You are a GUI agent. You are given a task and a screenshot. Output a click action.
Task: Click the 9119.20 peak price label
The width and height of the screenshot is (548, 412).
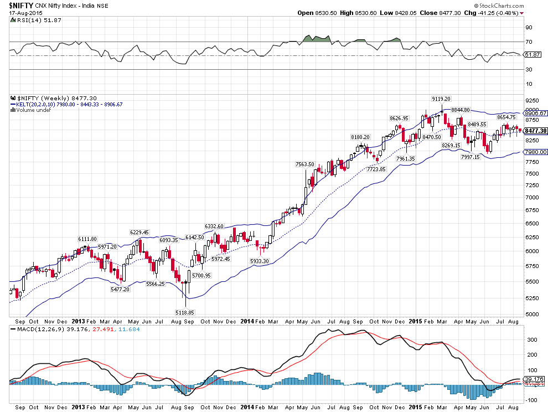point(441,99)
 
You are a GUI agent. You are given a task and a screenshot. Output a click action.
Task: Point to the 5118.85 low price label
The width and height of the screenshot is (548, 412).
point(185,312)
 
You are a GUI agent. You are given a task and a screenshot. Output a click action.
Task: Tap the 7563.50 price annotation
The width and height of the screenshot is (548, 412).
point(305,164)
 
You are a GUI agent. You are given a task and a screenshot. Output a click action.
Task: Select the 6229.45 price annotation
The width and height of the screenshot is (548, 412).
point(139,232)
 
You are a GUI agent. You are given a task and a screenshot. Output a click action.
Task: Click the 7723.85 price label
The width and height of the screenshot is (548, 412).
point(376,169)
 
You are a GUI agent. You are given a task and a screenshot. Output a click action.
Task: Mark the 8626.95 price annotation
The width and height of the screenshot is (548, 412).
point(399,118)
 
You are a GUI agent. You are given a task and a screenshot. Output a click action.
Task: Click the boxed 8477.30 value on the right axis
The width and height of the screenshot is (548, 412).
point(535,131)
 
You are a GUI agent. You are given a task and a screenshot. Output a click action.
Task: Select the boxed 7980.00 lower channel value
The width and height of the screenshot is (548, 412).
point(535,152)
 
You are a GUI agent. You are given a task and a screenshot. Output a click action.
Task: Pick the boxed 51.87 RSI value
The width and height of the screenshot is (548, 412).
point(533,55)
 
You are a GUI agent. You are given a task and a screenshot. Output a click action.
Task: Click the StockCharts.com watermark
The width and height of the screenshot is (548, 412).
point(499,6)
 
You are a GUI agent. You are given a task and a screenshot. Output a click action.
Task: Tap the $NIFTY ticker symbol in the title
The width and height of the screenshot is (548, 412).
point(22,6)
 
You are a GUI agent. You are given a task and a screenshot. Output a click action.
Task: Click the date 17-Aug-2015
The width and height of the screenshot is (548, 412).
point(26,13)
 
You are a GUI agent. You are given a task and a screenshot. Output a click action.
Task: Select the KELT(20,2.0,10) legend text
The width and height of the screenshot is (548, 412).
point(43,104)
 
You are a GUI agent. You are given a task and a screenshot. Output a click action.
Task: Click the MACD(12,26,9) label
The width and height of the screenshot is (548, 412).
point(41,329)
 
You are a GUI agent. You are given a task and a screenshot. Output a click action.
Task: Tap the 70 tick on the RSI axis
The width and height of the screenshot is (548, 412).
point(529,42)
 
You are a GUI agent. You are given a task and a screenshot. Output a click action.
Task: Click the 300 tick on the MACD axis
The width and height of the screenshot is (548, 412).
point(532,339)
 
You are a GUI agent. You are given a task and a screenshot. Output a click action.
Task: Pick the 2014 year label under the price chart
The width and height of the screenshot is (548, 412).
point(247,321)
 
